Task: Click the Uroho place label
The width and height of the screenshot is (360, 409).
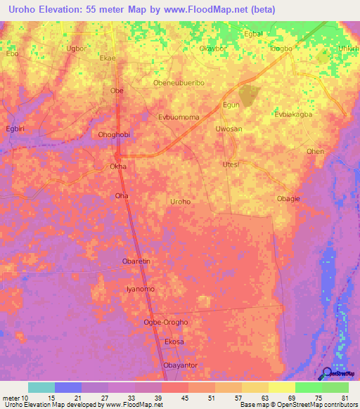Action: (x=180, y=202)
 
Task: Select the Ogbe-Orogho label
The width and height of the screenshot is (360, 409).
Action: (x=165, y=322)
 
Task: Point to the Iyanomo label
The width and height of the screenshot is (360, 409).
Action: (x=140, y=289)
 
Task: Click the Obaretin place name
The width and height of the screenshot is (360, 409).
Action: (x=136, y=262)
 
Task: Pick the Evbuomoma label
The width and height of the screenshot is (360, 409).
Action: (x=179, y=117)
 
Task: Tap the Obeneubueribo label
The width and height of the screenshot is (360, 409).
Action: (x=179, y=82)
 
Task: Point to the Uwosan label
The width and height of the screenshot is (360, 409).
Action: (x=229, y=129)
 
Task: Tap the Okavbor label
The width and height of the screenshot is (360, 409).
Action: (x=215, y=49)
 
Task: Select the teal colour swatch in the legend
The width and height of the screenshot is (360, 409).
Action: (x=41, y=387)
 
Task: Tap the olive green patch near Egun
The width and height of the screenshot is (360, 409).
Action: (x=247, y=94)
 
